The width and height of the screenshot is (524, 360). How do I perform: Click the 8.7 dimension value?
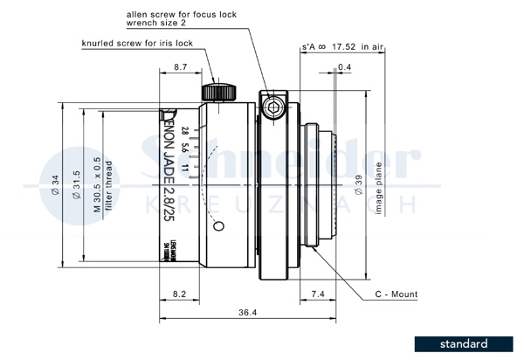(181, 66)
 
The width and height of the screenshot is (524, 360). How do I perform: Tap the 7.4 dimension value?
(318, 295)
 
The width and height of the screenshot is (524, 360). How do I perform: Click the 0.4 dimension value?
(344, 66)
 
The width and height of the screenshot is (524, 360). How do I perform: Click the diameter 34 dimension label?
(54, 183)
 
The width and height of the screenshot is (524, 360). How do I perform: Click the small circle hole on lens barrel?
(218, 226)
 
